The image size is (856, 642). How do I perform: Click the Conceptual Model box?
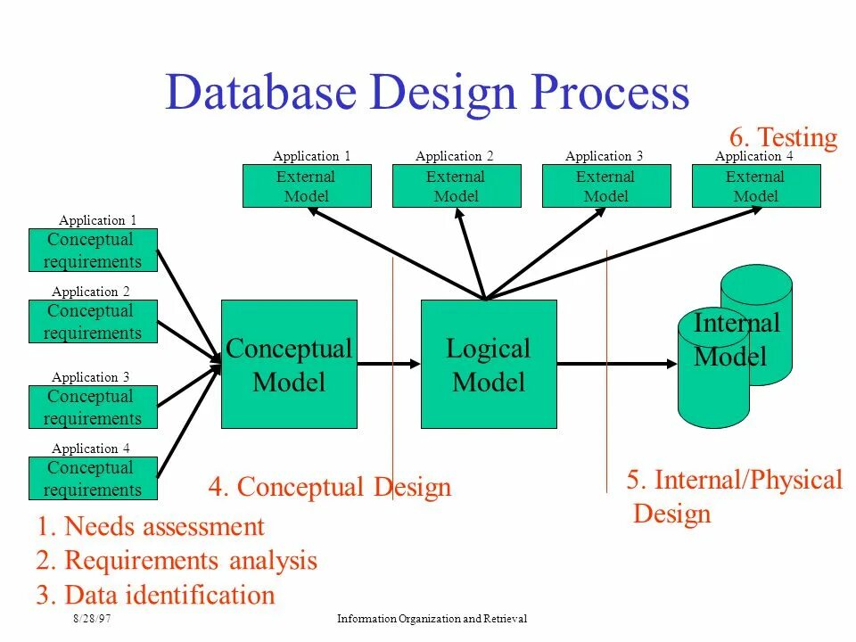click(x=289, y=364)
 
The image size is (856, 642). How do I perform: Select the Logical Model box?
click(x=489, y=364)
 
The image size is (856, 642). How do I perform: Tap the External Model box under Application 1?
click(x=307, y=186)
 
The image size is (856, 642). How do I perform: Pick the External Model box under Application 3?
click(x=606, y=186)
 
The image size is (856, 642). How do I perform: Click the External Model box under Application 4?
click(x=756, y=186)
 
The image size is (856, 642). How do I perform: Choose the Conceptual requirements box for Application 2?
click(x=93, y=322)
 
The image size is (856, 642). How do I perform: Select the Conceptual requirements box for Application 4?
click(x=93, y=479)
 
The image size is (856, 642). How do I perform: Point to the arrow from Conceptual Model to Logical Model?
click(x=389, y=363)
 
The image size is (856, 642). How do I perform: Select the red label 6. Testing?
click(x=783, y=138)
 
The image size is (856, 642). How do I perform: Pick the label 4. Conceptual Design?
click(x=330, y=487)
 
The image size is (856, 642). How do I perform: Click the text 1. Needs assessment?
click(x=151, y=527)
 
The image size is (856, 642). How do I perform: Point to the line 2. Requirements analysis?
click(x=177, y=561)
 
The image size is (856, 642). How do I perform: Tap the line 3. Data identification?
click(x=156, y=595)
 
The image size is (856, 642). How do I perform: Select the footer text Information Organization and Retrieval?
click(x=432, y=619)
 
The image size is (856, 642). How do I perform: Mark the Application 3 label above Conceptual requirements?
click(x=91, y=377)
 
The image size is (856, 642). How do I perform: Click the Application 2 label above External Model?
click(x=455, y=156)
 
